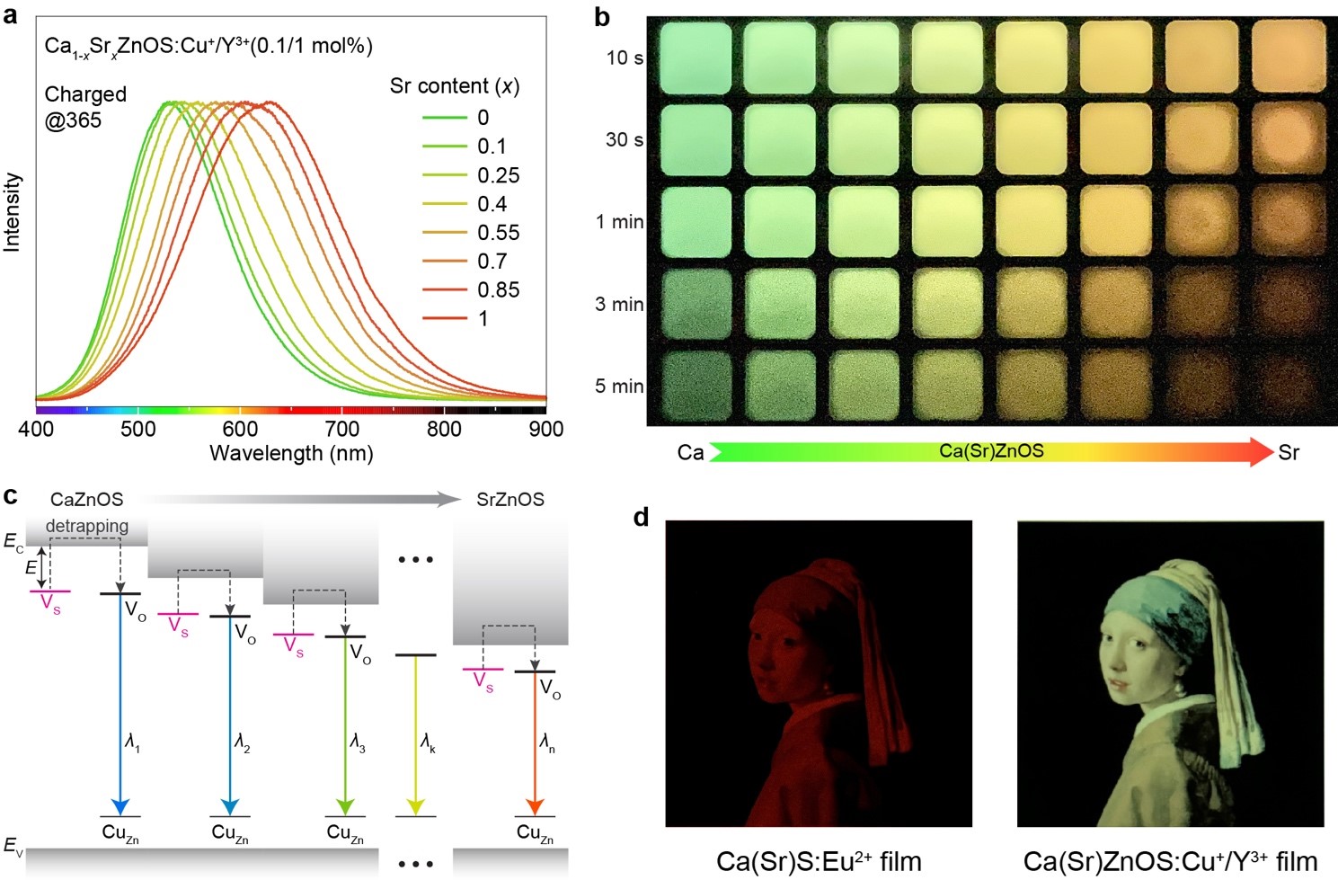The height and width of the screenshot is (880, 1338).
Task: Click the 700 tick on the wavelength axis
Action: click(x=342, y=429)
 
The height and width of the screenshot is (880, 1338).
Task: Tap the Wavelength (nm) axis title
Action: click(x=291, y=453)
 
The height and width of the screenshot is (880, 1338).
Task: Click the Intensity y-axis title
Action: click(x=13, y=212)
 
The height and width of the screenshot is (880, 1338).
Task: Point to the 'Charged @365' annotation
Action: click(x=85, y=107)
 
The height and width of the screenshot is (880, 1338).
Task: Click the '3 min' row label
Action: click(x=619, y=305)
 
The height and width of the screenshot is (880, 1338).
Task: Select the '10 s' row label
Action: click(x=625, y=58)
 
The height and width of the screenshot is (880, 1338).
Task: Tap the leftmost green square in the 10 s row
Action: click(x=695, y=58)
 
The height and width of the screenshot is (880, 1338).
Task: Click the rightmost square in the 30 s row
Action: click(x=1289, y=139)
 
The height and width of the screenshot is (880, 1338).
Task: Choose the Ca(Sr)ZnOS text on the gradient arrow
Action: click(x=991, y=451)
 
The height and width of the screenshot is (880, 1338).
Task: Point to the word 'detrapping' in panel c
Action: click(x=87, y=526)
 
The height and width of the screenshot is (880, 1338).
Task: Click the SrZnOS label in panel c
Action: click(x=510, y=500)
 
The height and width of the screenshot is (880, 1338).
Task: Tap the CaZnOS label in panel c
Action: click(x=87, y=500)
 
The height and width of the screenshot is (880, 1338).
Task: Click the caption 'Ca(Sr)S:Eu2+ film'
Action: click(x=819, y=861)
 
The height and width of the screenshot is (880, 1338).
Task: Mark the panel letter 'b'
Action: click(x=602, y=16)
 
